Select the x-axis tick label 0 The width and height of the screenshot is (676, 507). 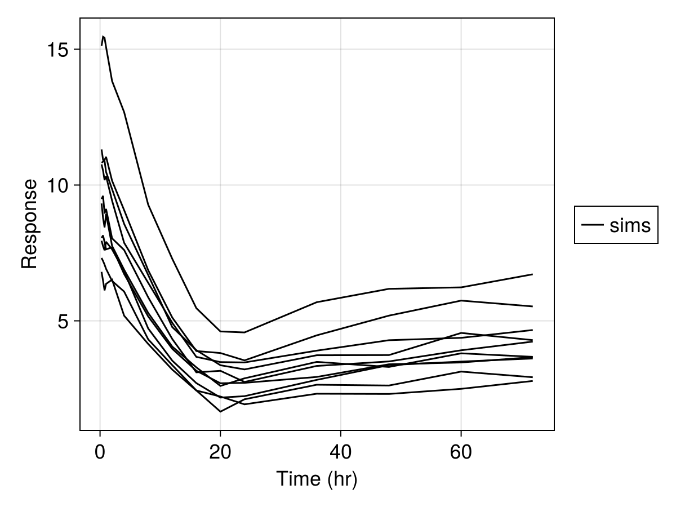tap(100, 452)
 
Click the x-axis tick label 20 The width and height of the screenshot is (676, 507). tap(220, 452)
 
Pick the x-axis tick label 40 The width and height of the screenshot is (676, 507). tap(341, 452)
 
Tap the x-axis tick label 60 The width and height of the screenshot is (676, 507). tap(461, 452)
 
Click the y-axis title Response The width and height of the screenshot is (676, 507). tap(29, 224)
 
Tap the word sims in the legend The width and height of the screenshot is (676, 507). tap(630, 225)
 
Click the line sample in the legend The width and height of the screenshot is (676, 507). tap(592, 225)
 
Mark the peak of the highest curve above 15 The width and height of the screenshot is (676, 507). tap(103, 36)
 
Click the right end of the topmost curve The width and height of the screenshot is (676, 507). tap(532, 274)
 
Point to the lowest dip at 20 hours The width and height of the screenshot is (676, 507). tap(220, 412)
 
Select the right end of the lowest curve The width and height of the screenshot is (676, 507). tap(532, 381)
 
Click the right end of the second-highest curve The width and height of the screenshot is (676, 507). tap(532, 306)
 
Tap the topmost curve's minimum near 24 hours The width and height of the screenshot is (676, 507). tap(244, 332)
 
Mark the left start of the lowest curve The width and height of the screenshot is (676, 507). tap(101, 273)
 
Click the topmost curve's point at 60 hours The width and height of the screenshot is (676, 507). tap(461, 287)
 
